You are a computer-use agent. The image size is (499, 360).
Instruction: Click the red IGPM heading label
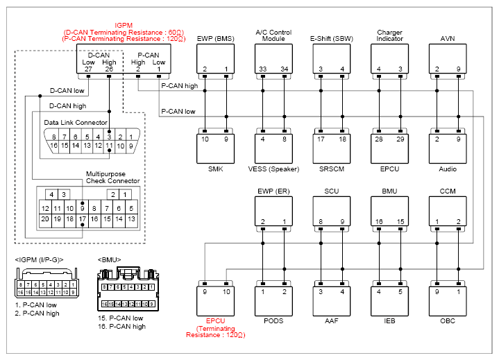pyautogui.click(x=124, y=26)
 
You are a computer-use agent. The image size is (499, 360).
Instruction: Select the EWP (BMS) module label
pyautogui.click(x=215, y=39)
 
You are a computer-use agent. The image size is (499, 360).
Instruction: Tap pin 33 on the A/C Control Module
pyautogui.click(x=262, y=69)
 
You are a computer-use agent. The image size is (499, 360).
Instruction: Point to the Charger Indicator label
pyautogui.click(x=389, y=35)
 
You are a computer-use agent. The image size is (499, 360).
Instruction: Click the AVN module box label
pyautogui.click(x=448, y=39)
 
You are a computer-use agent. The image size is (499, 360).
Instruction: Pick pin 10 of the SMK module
pyautogui.click(x=205, y=139)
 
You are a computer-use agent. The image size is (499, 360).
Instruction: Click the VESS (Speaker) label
pyautogui.click(x=273, y=169)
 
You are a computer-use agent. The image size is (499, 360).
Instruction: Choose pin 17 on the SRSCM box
pyautogui.click(x=321, y=139)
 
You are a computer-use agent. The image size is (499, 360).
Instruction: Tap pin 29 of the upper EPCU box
pyautogui.click(x=400, y=139)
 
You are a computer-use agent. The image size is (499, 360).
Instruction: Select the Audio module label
pyautogui.click(x=448, y=169)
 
